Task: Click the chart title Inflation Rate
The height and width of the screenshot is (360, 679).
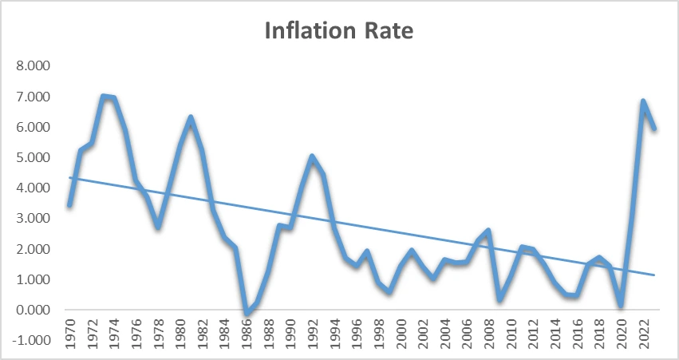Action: [339, 33]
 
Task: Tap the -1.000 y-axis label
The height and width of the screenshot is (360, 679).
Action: [30, 340]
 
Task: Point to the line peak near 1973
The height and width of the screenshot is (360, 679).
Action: [104, 97]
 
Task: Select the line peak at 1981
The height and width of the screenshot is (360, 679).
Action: [191, 118]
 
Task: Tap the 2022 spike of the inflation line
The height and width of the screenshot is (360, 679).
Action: [643, 101]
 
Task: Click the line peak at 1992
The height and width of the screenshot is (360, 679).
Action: [313, 156]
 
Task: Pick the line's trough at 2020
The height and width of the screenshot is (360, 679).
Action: [621, 304]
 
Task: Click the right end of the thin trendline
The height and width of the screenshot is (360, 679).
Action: [654, 275]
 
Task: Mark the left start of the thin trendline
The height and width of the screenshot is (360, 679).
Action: [69, 177]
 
